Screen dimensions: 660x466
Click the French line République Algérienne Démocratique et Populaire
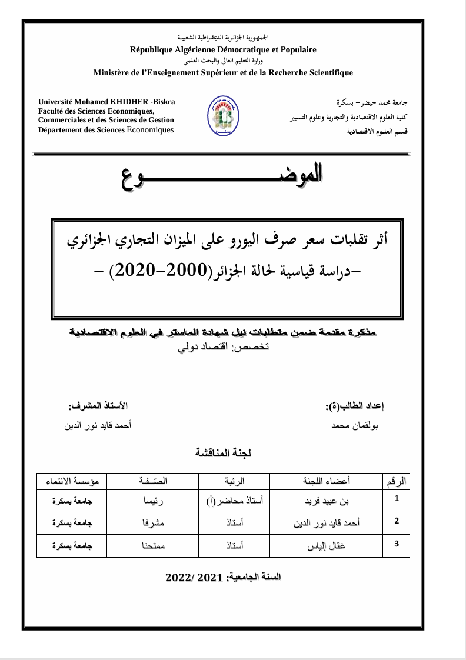click(x=223, y=50)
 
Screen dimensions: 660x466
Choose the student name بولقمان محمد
click(x=355, y=425)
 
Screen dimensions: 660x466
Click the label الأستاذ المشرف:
click(x=98, y=406)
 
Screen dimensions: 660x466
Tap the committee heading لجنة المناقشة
click(x=223, y=453)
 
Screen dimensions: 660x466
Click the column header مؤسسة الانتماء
click(x=72, y=481)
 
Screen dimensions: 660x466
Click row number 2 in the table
click(x=397, y=521)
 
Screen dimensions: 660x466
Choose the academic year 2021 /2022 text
click(x=223, y=578)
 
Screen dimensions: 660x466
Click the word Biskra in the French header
click(x=164, y=102)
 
